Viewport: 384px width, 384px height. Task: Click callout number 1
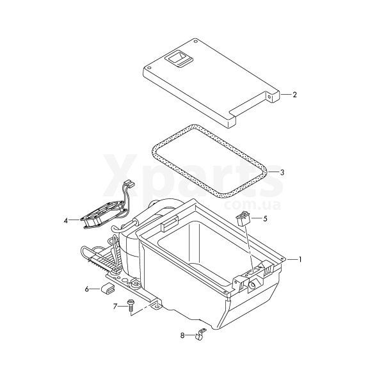pyautogui.click(x=300, y=259)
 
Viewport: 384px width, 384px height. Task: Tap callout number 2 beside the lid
pyautogui.click(x=295, y=95)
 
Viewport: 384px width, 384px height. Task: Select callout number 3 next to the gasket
pyautogui.click(x=282, y=172)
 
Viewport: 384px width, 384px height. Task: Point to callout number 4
pyautogui.click(x=66, y=220)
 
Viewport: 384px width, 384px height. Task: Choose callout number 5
pyautogui.click(x=265, y=218)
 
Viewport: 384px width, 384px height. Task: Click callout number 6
pyautogui.click(x=87, y=289)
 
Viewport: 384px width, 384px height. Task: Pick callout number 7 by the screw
pyautogui.click(x=115, y=307)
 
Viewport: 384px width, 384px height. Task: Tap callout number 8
pyautogui.click(x=182, y=335)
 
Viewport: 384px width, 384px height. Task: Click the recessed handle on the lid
pyautogui.click(x=179, y=59)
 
